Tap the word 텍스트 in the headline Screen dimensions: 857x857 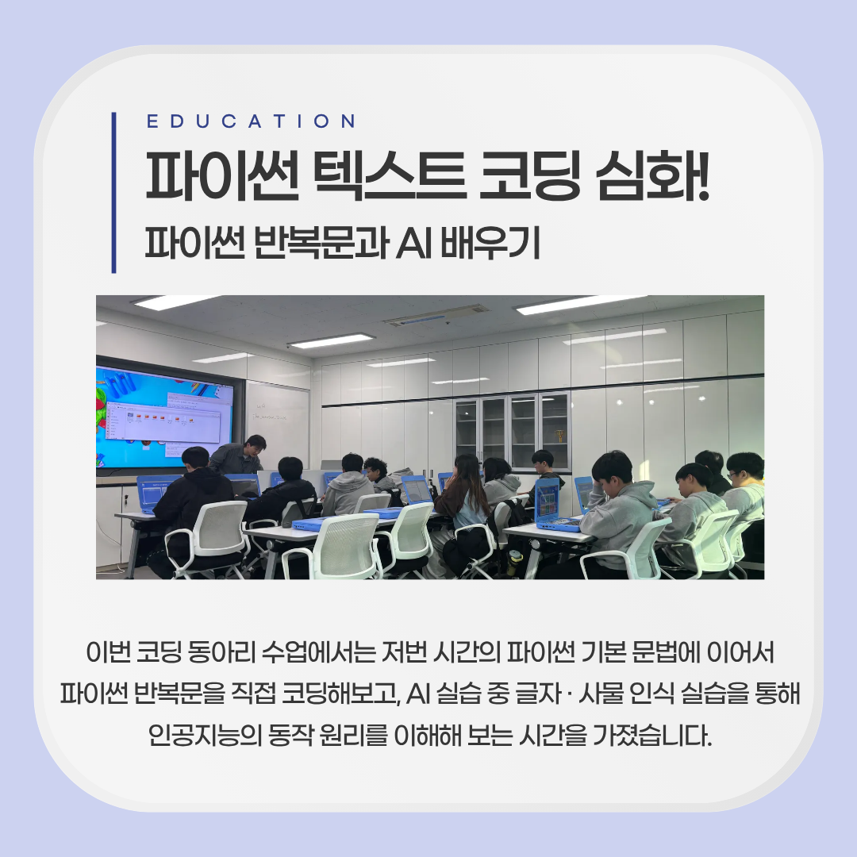point(389,176)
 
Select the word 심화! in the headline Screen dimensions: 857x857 point(652,176)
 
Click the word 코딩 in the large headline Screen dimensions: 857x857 point(529,176)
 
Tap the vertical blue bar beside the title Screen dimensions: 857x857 point(113,192)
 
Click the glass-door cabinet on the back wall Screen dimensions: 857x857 point(512,432)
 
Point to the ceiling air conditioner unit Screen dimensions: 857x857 point(436,315)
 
